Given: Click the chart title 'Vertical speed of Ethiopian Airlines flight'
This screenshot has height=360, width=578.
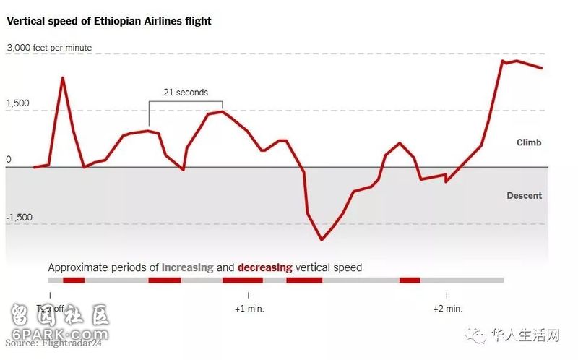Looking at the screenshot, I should click(109, 21).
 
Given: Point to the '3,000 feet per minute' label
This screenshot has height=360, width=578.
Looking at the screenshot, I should click(50, 48).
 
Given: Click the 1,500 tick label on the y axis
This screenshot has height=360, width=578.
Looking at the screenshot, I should click(18, 103).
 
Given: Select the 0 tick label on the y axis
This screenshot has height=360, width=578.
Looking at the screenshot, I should click(9, 160).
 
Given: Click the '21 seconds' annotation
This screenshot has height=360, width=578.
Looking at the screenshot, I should click(186, 93).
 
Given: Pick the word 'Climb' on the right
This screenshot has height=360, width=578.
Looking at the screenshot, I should click(529, 142).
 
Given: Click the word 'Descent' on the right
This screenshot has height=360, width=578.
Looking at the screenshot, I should click(525, 196).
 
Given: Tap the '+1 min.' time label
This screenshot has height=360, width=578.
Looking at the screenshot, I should click(249, 309).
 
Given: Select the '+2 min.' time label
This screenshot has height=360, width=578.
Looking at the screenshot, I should click(448, 309).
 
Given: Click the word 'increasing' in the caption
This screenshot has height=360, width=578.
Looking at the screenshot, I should click(187, 267).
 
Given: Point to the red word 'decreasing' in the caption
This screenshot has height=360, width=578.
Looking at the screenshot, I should click(264, 267).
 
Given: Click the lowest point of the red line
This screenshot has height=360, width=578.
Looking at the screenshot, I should click(322, 239).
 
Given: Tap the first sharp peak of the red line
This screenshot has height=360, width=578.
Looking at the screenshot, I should click(63, 77).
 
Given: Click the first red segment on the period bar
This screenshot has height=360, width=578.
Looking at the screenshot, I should click(74, 280).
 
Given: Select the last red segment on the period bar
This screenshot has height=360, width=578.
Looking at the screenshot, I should click(410, 280).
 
